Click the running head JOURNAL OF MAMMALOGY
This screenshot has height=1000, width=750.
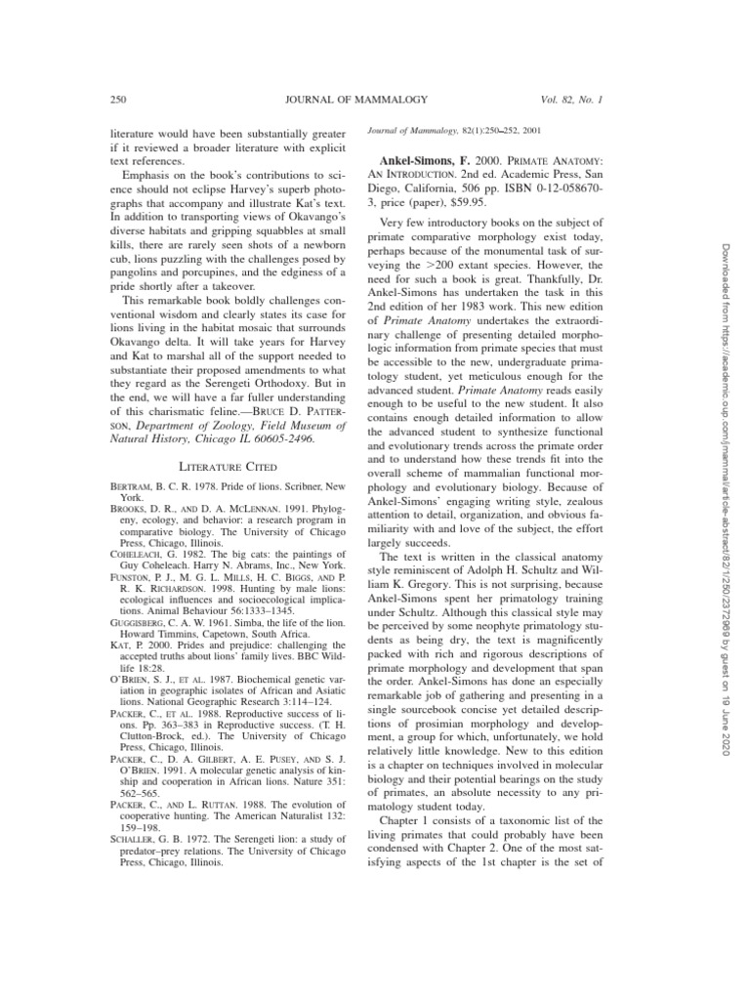(x=336, y=99)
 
